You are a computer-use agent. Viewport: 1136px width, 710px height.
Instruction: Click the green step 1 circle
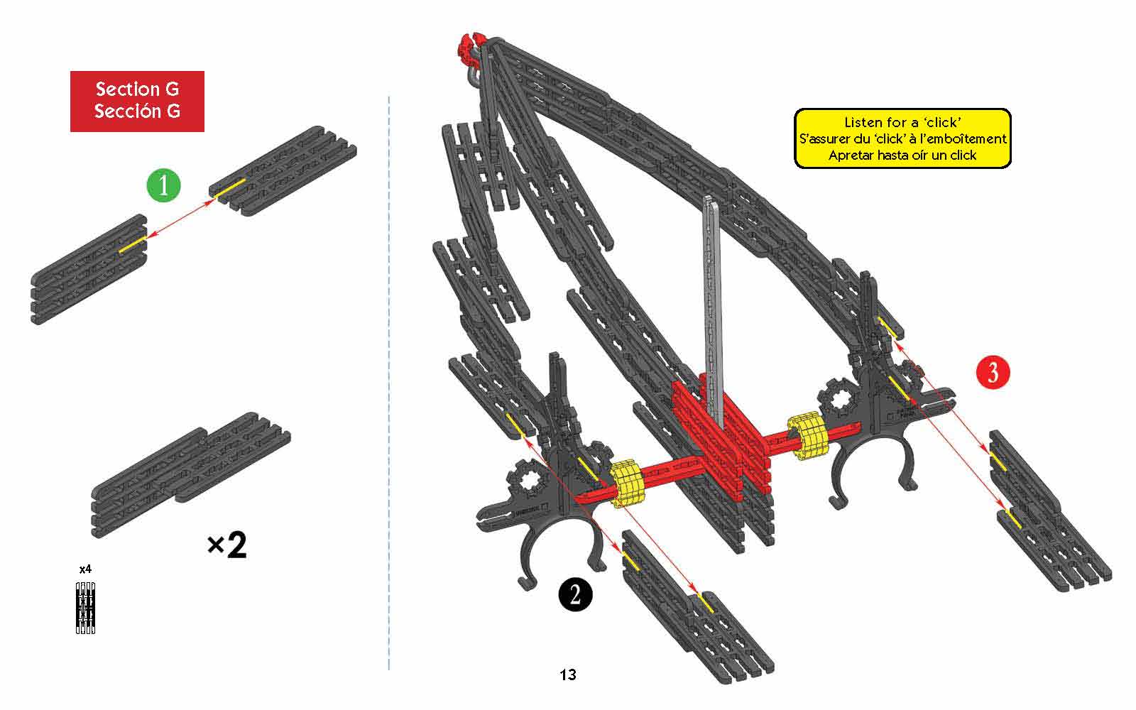point(163,185)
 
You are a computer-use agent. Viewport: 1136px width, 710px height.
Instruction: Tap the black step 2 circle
point(575,594)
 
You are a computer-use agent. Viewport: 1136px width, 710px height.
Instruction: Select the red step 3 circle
point(993,372)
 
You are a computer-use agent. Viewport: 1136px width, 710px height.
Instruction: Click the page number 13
point(568,674)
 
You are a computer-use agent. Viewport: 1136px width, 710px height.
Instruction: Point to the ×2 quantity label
point(226,545)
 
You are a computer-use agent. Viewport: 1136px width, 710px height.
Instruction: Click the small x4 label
point(85,569)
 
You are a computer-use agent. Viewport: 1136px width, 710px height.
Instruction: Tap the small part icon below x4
point(85,608)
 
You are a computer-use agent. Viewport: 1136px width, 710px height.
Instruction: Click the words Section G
point(138,89)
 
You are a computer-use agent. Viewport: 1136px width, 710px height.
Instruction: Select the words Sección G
point(138,111)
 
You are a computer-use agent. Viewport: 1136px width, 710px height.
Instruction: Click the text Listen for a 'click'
point(902,122)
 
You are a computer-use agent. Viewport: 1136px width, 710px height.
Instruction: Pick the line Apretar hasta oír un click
point(902,155)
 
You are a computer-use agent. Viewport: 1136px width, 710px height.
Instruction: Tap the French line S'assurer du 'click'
point(902,138)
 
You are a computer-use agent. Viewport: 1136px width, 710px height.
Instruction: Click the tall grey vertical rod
point(714,310)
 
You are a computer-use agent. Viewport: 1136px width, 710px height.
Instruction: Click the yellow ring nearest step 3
point(807,436)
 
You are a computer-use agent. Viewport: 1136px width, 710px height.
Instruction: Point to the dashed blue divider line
point(389,383)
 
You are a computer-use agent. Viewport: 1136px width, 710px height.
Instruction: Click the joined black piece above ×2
point(191,475)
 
